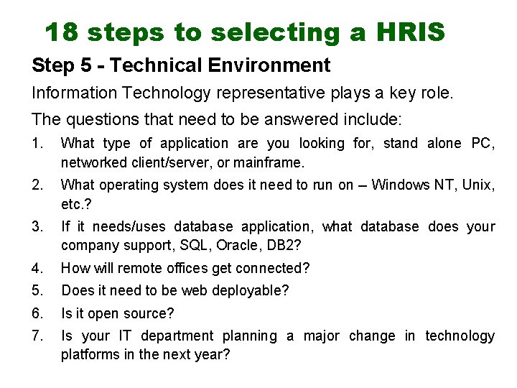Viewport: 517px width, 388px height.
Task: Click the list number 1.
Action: click(x=37, y=144)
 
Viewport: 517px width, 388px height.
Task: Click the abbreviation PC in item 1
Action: click(x=483, y=144)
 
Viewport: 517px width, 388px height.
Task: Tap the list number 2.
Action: click(x=37, y=185)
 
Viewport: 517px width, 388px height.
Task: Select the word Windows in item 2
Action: click(x=397, y=185)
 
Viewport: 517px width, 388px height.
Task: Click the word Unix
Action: click(x=478, y=185)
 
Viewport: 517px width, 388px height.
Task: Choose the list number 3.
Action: click(x=37, y=227)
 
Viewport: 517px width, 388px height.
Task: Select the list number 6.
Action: click(x=37, y=313)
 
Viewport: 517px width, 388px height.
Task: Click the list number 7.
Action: click(x=37, y=336)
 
